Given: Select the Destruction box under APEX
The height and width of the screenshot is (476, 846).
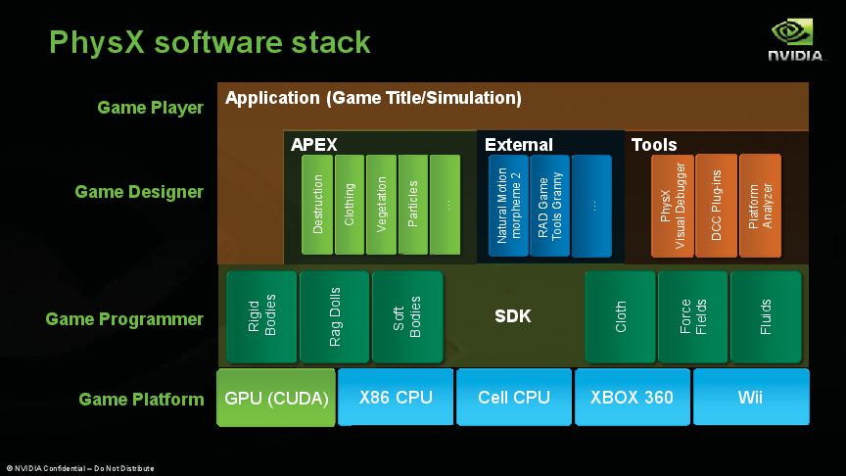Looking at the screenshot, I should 317,204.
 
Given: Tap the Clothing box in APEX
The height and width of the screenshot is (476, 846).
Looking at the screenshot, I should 349,204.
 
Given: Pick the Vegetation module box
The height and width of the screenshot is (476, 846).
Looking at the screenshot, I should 381,204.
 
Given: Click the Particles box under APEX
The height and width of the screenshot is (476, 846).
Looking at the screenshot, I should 413,204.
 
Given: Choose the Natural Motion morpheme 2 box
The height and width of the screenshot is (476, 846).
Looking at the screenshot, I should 509,205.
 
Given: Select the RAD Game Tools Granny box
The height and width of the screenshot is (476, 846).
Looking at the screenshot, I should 550,205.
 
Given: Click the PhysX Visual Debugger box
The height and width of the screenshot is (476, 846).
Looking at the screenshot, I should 673,205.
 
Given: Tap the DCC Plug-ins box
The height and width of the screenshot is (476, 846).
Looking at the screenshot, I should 716,205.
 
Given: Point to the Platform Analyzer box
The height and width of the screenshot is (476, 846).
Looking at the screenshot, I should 760,205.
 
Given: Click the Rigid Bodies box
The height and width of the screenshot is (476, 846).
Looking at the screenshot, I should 261,316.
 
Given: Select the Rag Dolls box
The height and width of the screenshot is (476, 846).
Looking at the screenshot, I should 334,316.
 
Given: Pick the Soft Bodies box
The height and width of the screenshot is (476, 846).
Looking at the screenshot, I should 406,316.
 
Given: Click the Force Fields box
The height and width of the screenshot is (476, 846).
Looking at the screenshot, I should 692,316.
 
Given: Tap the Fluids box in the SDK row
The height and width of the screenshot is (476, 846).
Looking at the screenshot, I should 766,316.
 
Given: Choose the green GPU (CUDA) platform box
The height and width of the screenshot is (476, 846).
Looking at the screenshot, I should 276,398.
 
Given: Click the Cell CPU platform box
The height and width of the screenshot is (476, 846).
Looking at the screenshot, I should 514,398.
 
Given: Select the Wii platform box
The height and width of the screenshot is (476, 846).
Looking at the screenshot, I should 750,398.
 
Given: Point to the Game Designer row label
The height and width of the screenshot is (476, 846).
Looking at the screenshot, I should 139,192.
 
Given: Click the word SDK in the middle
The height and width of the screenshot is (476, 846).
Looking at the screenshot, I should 513,316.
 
